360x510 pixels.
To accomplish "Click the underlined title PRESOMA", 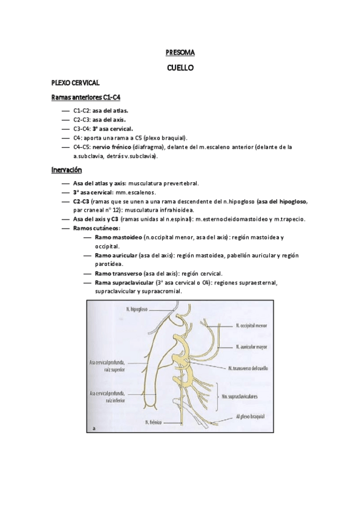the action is point(180,53).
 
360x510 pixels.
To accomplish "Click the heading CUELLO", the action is point(180,68).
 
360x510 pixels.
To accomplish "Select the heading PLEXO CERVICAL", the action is point(75,82).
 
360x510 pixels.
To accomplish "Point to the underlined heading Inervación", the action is point(66,170).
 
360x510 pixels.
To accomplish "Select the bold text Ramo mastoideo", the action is point(113,238).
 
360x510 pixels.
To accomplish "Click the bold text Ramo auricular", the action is point(115,256).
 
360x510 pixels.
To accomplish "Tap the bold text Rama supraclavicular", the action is point(123,282).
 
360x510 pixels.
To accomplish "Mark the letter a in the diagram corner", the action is point(95,428).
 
